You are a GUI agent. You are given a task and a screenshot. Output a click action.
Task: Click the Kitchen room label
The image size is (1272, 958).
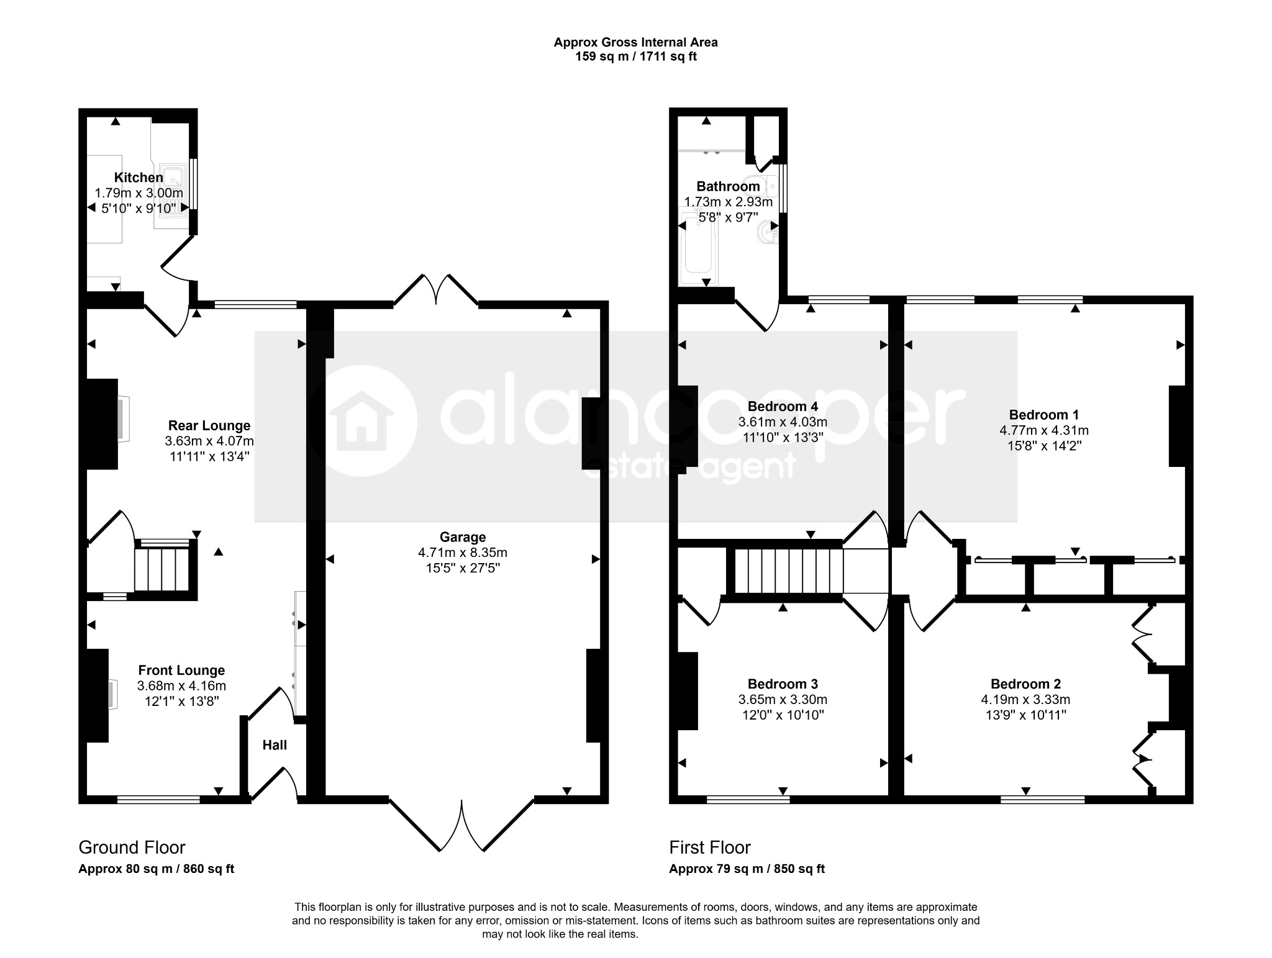[139, 178]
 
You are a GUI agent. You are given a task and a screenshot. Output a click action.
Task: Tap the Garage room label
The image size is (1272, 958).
[463, 537]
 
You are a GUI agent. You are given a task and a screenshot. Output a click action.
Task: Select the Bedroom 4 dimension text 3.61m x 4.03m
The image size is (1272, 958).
[783, 422]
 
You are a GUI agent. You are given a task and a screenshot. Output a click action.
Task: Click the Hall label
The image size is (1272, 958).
[275, 744]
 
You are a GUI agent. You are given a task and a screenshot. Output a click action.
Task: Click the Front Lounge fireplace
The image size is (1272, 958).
[113, 694]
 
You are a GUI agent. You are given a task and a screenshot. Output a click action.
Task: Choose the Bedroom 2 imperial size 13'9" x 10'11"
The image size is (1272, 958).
[1025, 715]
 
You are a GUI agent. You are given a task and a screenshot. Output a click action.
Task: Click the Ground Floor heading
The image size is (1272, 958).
[132, 847]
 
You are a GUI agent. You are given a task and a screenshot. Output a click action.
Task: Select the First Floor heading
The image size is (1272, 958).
[710, 847]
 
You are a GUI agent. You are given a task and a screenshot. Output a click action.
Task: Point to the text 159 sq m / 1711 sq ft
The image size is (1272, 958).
[635, 56]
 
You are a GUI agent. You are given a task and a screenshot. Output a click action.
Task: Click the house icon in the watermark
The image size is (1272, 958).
[361, 420]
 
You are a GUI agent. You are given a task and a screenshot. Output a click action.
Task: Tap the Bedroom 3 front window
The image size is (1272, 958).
[748, 800]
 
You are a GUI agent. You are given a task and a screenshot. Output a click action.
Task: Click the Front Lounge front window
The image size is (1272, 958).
[158, 800]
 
